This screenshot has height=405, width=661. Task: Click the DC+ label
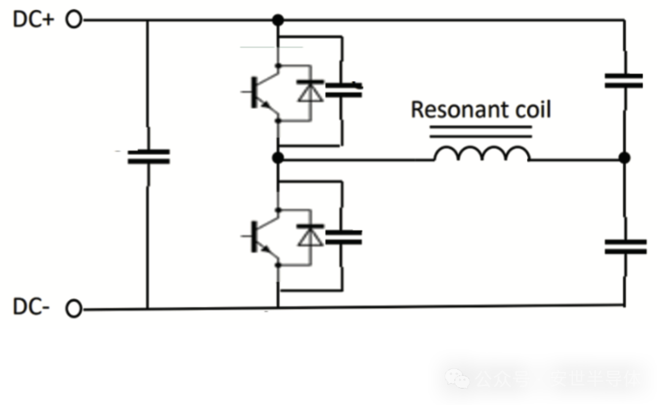[x=34, y=20]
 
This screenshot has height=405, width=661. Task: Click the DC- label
[x=31, y=308]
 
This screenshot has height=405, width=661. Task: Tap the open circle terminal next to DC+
[x=74, y=20]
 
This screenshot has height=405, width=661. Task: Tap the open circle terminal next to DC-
[x=74, y=310]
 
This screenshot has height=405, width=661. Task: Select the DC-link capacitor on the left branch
[x=148, y=157]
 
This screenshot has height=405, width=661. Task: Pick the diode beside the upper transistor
[x=310, y=92]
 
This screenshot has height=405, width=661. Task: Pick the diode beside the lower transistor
[x=310, y=236]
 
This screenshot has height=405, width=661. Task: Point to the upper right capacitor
[x=624, y=81]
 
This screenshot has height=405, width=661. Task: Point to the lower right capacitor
[x=625, y=247]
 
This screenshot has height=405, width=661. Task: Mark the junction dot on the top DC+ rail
[x=278, y=20]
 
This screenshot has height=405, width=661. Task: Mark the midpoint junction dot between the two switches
[x=278, y=158]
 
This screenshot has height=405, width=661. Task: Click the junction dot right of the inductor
[x=624, y=158]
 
